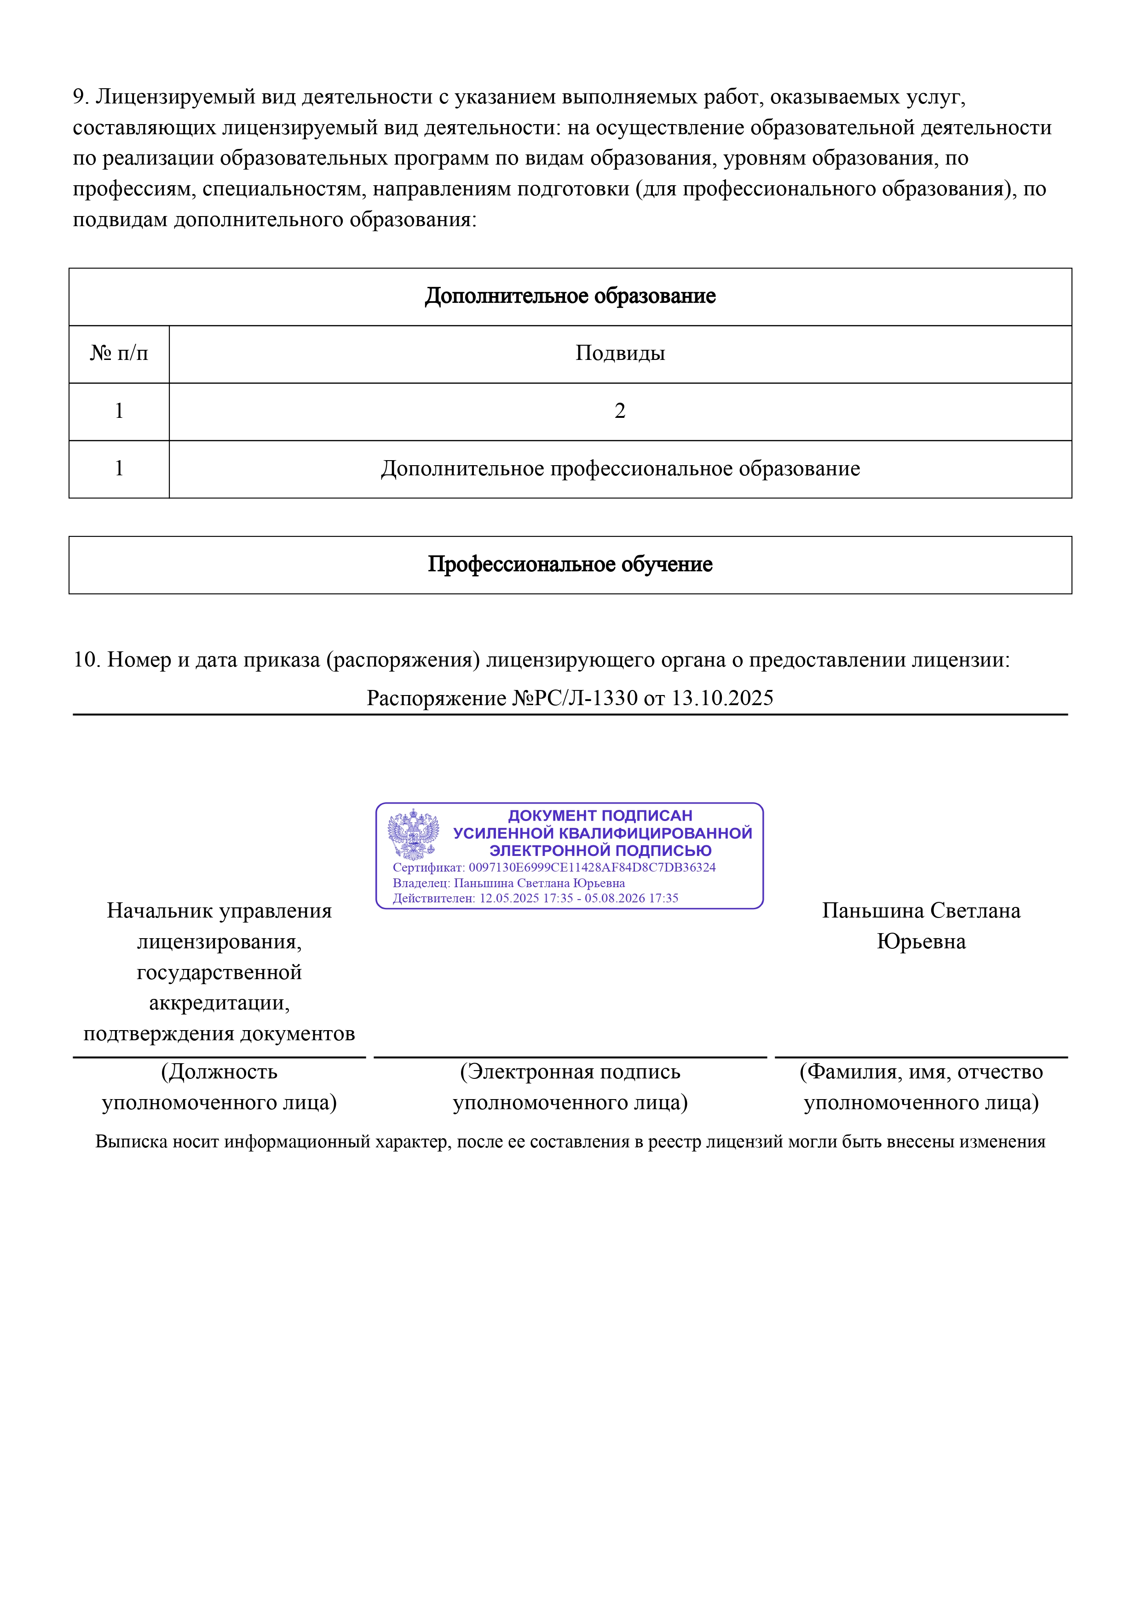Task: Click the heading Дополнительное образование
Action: click(x=570, y=296)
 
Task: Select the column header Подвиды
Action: click(x=619, y=353)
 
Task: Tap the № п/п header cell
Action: click(x=119, y=353)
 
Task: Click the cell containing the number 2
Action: click(x=619, y=411)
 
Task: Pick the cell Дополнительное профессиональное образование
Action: click(x=619, y=468)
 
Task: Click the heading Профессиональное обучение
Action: click(x=570, y=564)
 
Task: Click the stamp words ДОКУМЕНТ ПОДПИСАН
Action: click(x=599, y=815)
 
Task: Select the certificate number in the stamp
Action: click(x=592, y=867)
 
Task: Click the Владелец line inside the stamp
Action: click(x=508, y=883)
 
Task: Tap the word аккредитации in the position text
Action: click(x=219, y=1003)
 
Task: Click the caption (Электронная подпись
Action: click(x=570, y=1072)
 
